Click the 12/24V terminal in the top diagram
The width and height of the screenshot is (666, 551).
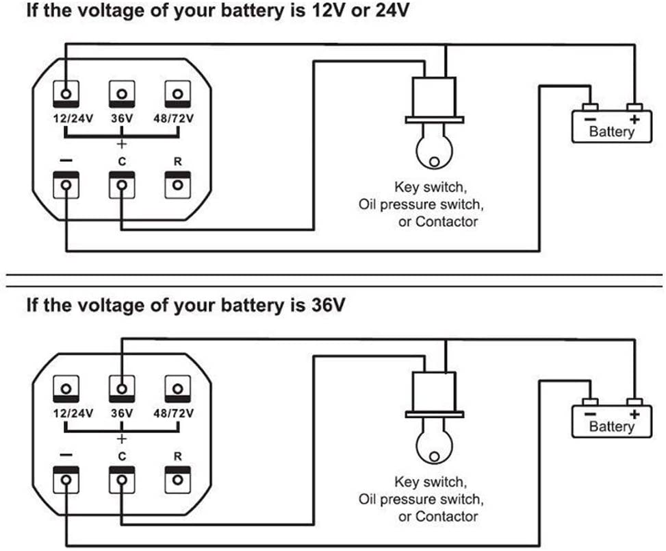[x=66, y=94]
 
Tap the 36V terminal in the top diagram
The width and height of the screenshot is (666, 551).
[x=121, y=94]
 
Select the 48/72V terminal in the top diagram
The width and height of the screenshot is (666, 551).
[x=177, y=94]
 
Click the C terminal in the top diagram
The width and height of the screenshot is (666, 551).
[x=121, y=186]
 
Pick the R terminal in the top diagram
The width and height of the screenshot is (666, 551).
[x=177, y=186]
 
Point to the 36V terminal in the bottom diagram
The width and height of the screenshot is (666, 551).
[x=121, y=389]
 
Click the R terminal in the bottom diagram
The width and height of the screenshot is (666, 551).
[x=177, y=479]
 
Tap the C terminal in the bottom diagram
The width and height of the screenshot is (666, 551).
[x=121, y=479]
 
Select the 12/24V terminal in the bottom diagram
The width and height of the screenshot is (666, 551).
[x=66, y=389]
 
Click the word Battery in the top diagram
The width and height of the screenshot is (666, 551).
[x=612, y=132]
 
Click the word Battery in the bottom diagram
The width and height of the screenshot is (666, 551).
[x=612, y=426]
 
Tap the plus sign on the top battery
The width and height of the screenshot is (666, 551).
[x=635, y=120]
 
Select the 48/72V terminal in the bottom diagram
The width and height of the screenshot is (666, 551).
[x=177, y=389]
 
